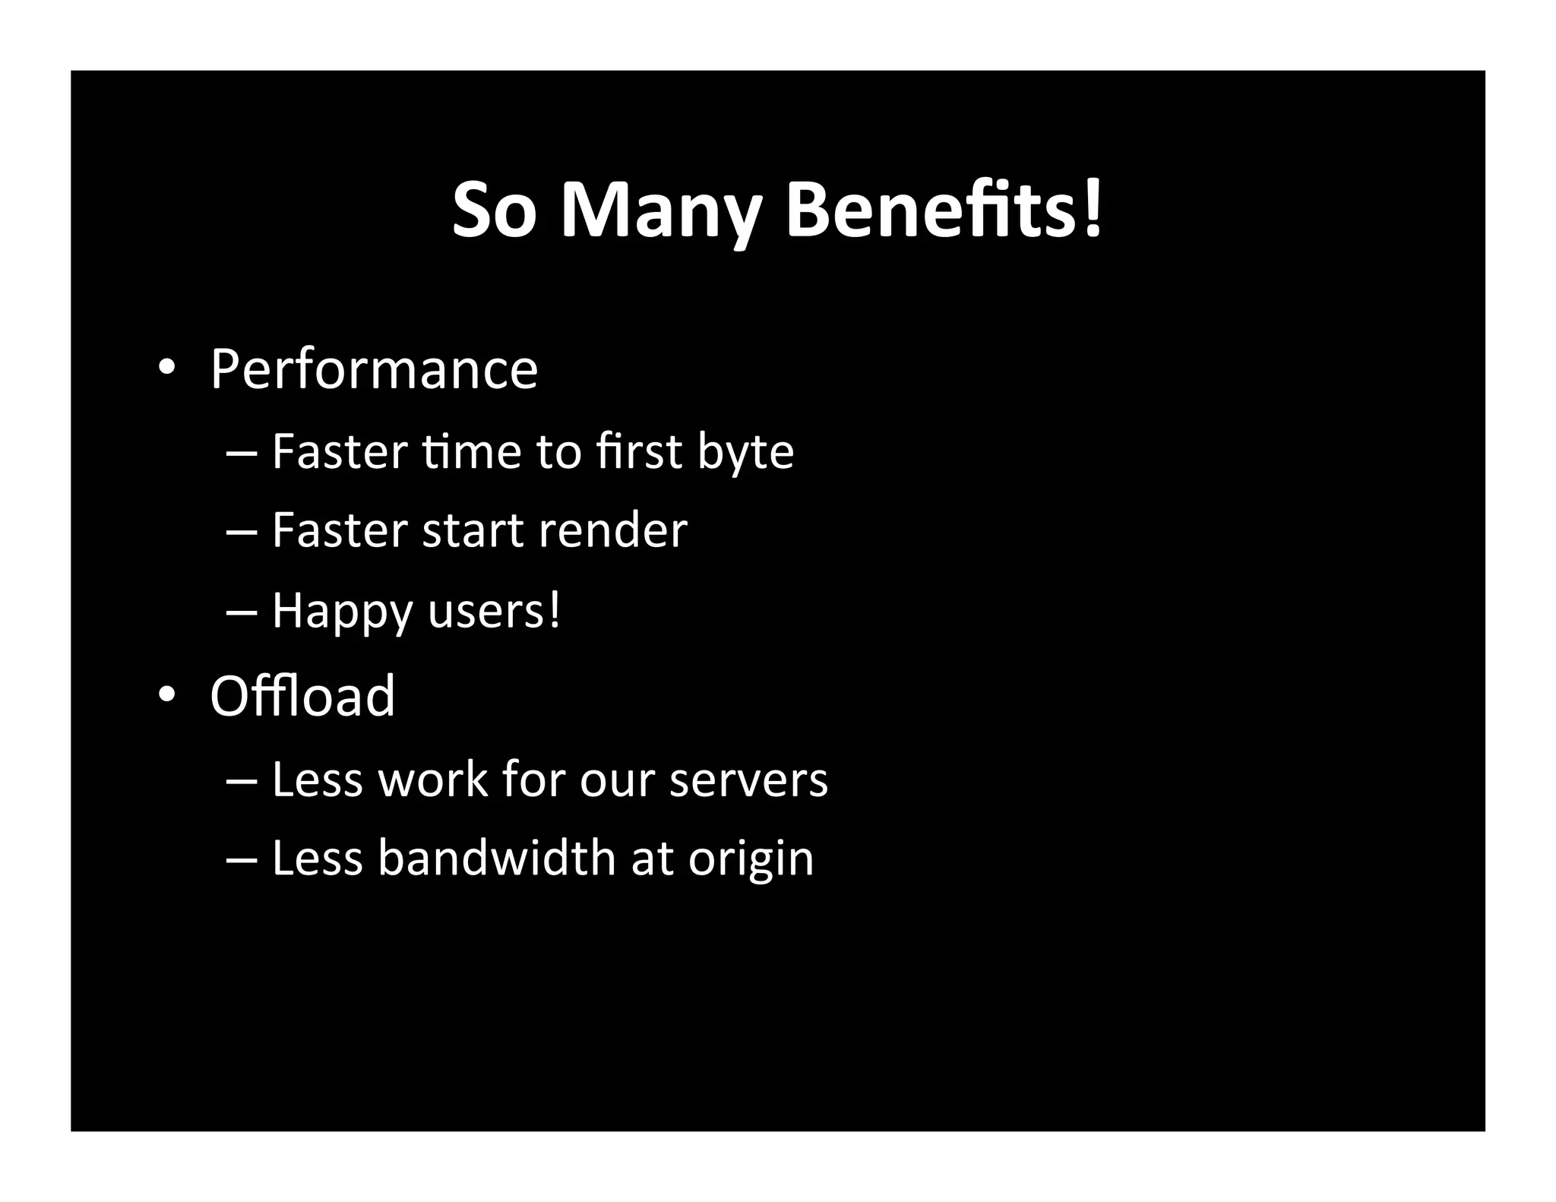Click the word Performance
tap(374, 370)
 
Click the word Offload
tap(302, 695)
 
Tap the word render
tap(612, 530)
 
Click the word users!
tap(494, 610)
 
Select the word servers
tap(748, 780)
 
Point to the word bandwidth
tap(497, 858)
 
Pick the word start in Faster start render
tap(473, 530)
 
